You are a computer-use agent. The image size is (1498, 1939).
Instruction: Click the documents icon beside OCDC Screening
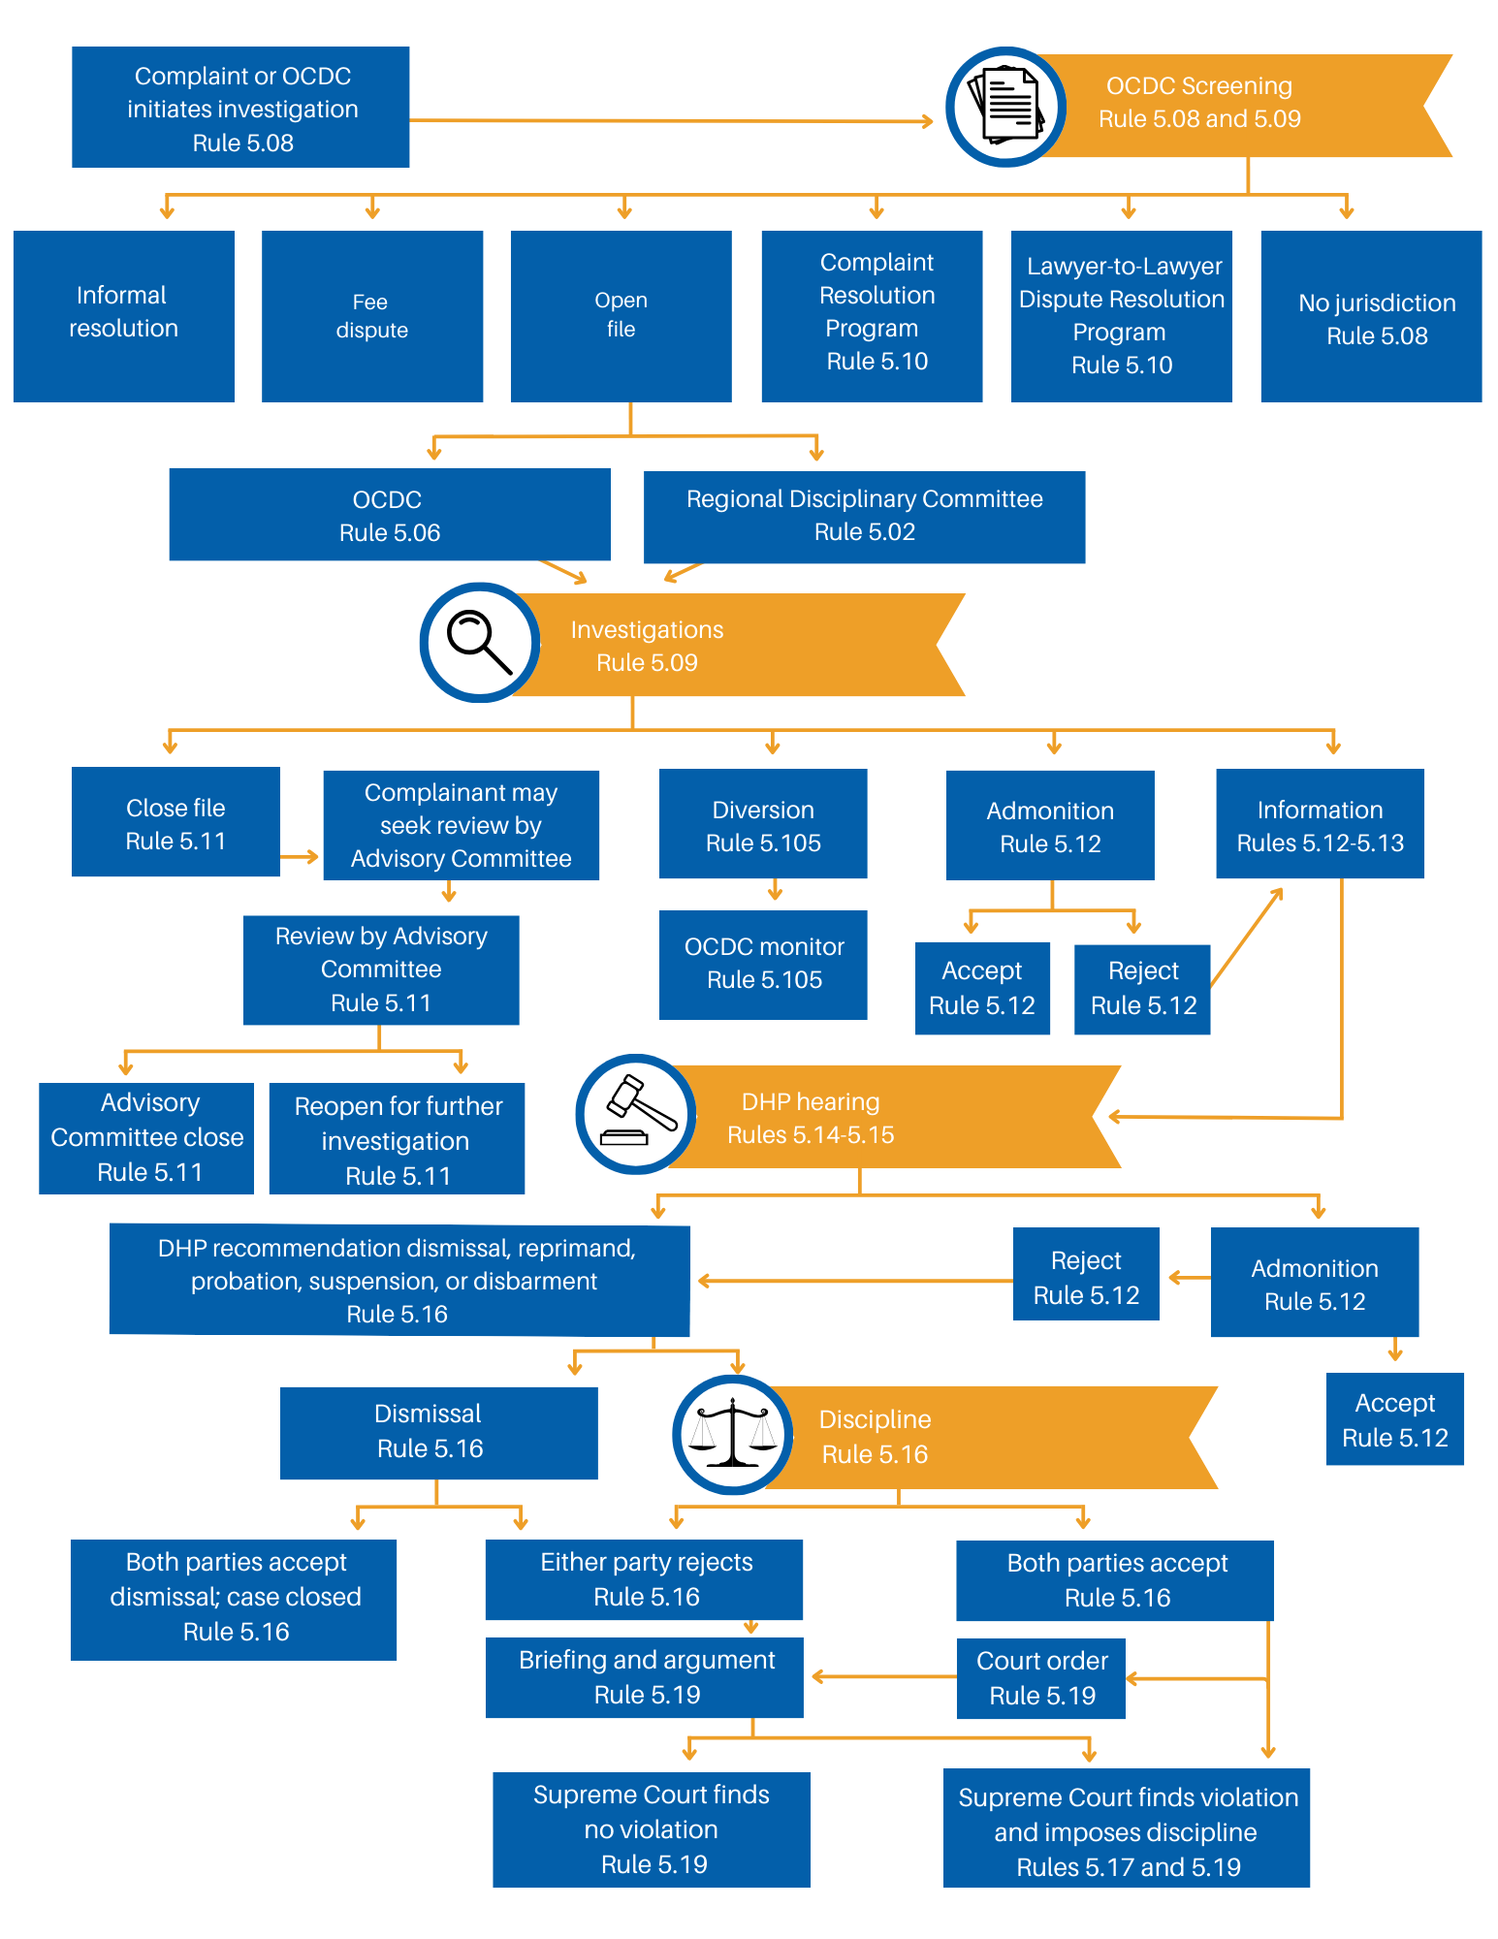[1006, 107]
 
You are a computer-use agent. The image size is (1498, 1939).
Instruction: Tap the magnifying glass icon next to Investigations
[479, 643]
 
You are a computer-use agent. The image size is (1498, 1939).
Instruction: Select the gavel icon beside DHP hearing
[636, 1115]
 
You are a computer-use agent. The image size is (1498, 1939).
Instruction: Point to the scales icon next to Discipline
[733, 1435]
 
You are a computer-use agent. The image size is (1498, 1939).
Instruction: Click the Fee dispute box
[372, 316]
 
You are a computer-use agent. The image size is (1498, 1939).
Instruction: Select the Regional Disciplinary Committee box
[864, 516]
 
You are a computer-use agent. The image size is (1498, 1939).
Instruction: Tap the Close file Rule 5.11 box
[175, 822]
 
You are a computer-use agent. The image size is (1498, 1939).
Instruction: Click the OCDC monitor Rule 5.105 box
[763, 964]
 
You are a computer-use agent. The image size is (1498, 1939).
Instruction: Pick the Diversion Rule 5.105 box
[763, 824]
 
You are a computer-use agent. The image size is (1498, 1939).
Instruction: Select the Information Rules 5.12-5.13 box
[1320, 824]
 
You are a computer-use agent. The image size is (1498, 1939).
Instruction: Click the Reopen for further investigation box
[397, 1139]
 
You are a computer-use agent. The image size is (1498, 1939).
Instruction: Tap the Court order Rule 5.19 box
[1040, 1678]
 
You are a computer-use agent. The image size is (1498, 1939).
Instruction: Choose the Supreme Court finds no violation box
[651, 1829]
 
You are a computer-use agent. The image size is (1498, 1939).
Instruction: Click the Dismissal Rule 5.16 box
[438, 1432]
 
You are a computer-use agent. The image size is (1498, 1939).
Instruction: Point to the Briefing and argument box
[645, 1677]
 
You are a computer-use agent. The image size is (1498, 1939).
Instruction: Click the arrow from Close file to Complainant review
[301, 857]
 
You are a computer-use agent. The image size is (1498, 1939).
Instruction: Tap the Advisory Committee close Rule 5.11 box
[146, 1137]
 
